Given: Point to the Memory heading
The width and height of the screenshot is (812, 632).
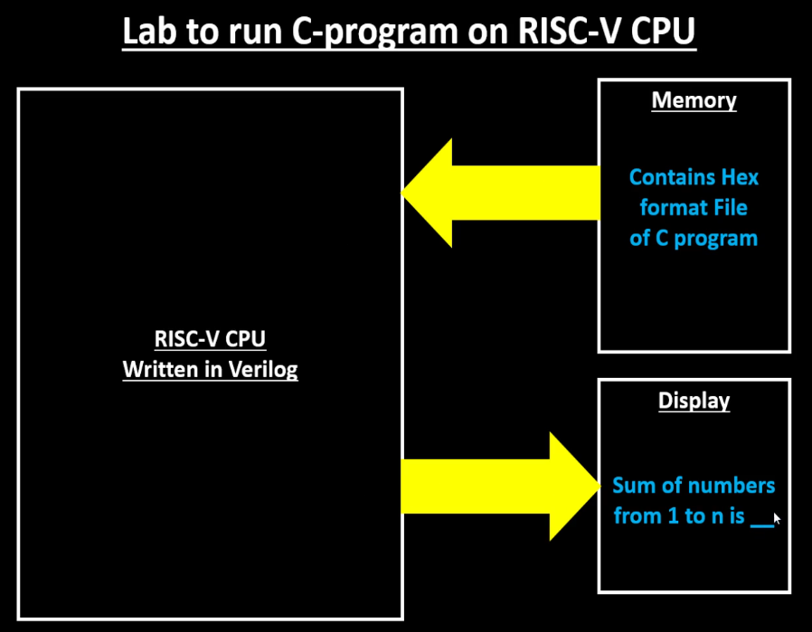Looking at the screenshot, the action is coord(694,100).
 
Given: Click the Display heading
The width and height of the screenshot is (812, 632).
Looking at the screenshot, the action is coord(694,401).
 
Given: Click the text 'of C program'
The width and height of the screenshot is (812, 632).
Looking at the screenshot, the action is coord(694,239).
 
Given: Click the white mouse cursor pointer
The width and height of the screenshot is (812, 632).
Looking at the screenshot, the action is coord(777,518).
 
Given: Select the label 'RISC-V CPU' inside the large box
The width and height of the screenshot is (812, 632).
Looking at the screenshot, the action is coord(210,340).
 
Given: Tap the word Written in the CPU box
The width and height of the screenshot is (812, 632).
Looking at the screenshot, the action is coord(157,370).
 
